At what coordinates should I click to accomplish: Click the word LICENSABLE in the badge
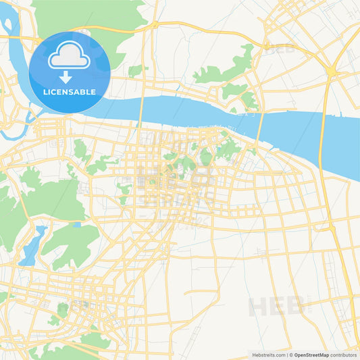click(70, 91)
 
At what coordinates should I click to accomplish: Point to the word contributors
click(343, 355)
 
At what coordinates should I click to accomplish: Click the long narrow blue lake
click(33, 245)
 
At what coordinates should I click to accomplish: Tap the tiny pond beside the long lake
click(77, 225)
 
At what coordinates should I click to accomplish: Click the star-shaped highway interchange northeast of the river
click(332, 70)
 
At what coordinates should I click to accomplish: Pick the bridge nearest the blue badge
click(139, 110)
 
